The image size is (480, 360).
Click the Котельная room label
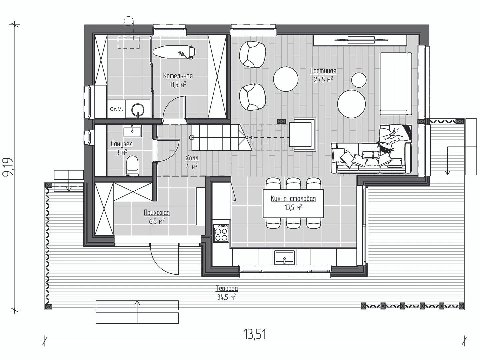178,76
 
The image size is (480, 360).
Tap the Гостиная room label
323,71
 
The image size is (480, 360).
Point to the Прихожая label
157,212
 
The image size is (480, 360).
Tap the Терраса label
227,289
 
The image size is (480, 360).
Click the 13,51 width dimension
255,334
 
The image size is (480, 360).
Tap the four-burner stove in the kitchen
221,234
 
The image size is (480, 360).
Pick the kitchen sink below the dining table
285,258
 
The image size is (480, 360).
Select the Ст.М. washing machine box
116,109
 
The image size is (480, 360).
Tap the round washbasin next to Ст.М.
138,110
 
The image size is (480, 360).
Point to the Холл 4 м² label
192,162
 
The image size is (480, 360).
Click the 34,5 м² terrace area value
227,297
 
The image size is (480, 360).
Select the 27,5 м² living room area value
323,79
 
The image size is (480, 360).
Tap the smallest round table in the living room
359,80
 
